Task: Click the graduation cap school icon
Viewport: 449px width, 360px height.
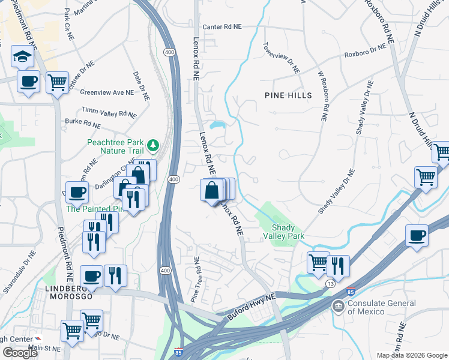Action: (22, 57)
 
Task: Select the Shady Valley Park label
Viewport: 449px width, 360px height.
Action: (288, 232)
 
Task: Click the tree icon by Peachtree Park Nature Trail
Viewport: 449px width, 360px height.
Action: (153, 144)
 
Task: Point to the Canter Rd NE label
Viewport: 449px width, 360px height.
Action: (221, 27)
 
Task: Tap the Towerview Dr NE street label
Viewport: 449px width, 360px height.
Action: (281, 58)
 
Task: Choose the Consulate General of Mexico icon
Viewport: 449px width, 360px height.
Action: (339, 307)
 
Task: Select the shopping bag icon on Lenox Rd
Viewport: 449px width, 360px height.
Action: (212, 190)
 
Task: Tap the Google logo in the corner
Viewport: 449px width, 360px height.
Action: (20, 353)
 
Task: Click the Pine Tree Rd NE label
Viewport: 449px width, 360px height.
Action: (195, 280)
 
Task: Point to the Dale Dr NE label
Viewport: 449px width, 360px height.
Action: (140, 85)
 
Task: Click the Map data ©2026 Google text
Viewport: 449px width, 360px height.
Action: (412, 355)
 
